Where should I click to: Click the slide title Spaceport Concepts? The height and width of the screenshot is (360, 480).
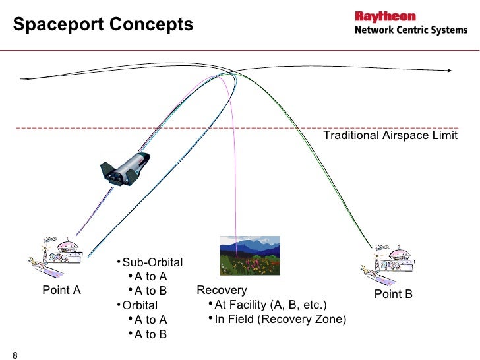pos(104,25)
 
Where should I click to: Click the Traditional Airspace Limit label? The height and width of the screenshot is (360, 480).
pos(390,136)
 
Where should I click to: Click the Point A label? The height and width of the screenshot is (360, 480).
pos(61,289)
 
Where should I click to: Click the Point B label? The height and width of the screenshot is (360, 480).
pos(393,294)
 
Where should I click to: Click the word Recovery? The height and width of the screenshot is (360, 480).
pos(222,290)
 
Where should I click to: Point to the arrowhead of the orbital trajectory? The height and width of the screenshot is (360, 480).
pos(450,70)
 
